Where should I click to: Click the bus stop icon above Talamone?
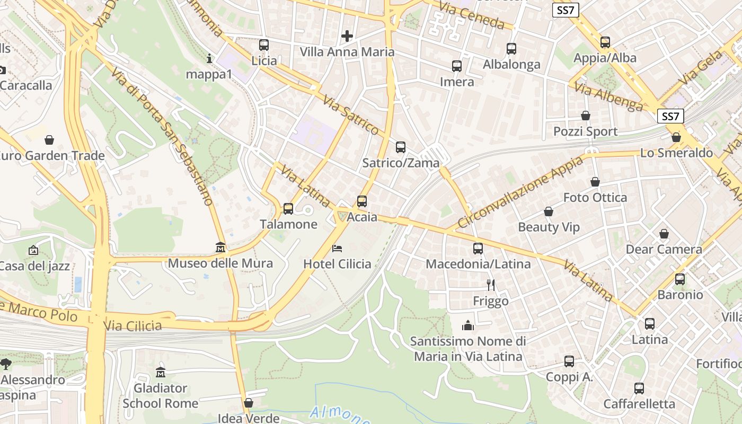pos(288,209)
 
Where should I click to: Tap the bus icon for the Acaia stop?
pos(362,201)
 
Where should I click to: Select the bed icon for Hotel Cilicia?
pos(337,248)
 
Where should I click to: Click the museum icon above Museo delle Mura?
pos(220,248)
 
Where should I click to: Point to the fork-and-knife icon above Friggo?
pos(491,285)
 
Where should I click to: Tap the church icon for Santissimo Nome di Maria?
pos(468,325)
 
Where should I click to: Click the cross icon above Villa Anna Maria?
pos(347,36)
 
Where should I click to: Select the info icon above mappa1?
pos(209,58)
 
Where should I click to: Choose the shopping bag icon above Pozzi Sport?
pos(586,116)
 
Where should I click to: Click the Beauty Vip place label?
pos(549,227)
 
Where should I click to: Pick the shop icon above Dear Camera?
pos(664,234)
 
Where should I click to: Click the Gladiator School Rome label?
pos(160,395)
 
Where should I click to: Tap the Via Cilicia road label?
pos(132,325)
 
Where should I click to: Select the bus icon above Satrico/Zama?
pos(401,147)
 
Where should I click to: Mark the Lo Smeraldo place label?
pos(677,153)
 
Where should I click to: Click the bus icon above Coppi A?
pos(569,361)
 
